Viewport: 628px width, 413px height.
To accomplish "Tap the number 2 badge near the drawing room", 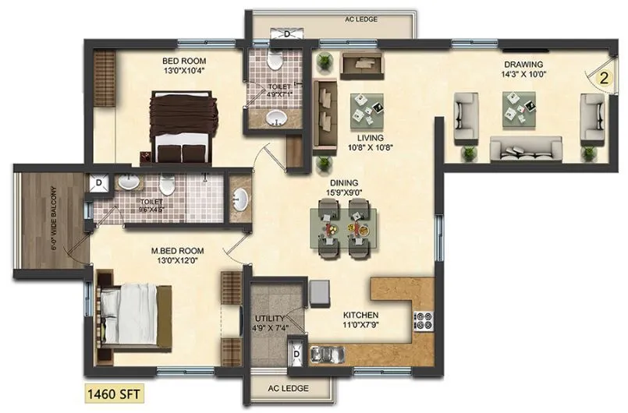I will coord(603,77).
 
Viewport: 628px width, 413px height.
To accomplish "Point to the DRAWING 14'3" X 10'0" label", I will coord(523,69).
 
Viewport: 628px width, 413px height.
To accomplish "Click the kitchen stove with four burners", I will coord(423,320).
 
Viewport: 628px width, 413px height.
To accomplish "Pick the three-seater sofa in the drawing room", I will coord(525,147).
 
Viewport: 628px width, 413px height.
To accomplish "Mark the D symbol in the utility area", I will coord(296,354).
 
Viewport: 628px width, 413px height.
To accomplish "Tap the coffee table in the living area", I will coord(366,109).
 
